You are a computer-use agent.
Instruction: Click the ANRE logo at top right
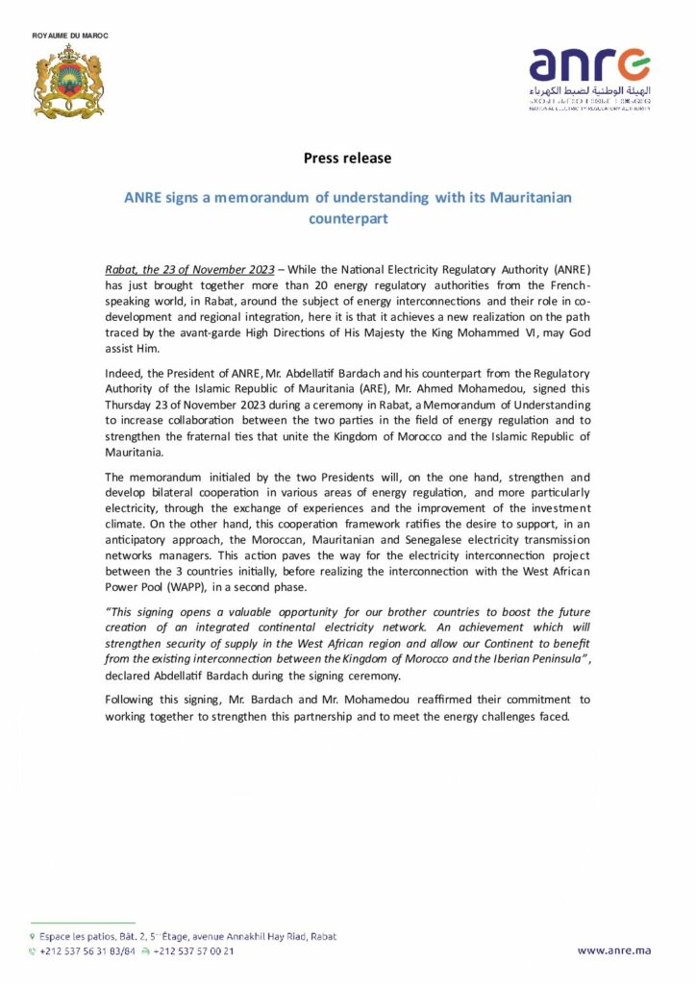point(589,78)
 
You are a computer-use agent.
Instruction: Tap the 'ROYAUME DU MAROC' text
point(70,36)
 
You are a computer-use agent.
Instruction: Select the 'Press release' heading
point(347,158)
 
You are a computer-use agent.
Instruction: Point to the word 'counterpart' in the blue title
point(347,218)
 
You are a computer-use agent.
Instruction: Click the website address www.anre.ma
point(613,950)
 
